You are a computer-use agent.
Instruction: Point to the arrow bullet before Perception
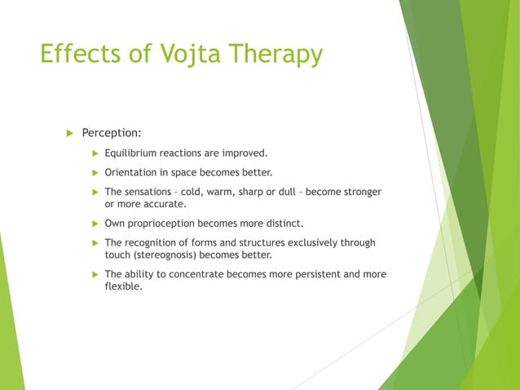pyautogui.click(x=69, y=132)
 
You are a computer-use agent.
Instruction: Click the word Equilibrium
pyautogui.click(x=134, y=153)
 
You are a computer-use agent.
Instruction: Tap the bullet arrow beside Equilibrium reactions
pyautogui.click(x=94, y=153)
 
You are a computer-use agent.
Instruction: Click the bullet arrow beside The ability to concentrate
pyautogui.click(x=94, y=274)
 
